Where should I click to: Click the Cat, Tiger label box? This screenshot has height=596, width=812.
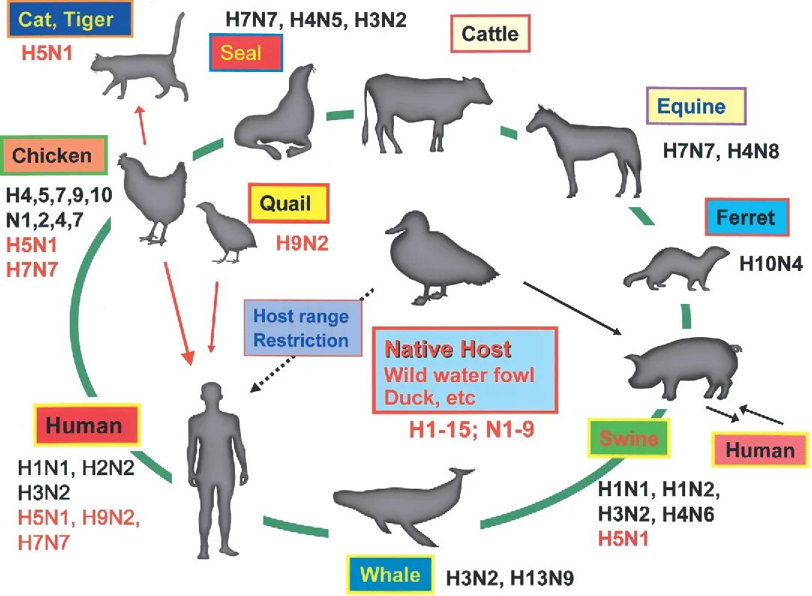[x=70, y=19]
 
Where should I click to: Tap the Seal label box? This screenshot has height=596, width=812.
[x=246, y=54]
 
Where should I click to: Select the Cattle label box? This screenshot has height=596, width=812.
[x=489, y=34]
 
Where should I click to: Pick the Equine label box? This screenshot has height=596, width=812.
[x=696, y=106]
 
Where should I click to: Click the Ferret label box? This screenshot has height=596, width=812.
[x=747, y=218]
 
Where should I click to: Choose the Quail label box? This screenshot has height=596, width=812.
[x=289, y=203]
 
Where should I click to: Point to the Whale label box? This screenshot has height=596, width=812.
[x=390, y=576]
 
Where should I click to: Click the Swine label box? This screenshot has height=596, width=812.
[x=628, y=439]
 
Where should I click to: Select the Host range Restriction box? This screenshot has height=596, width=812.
[x=301, y=327]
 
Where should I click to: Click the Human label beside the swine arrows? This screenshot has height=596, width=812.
[x=759, y=450]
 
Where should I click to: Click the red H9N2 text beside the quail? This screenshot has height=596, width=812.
[x=301, y=242]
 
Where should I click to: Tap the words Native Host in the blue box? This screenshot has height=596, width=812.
[x=448, y=349]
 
